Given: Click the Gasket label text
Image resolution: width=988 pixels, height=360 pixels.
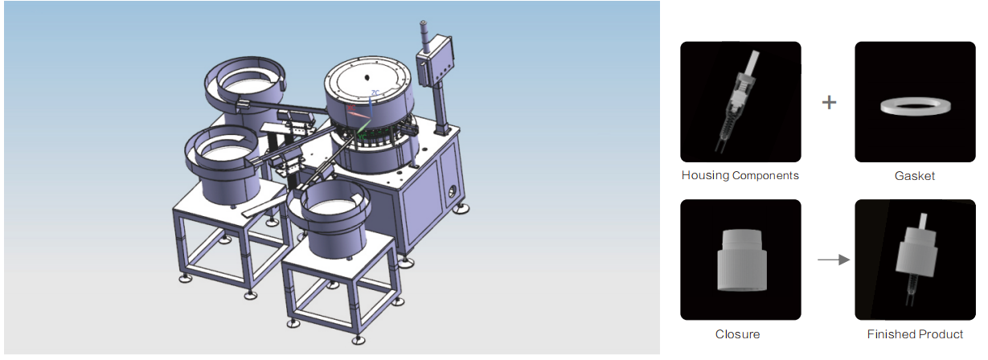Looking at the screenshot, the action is click(914, 176).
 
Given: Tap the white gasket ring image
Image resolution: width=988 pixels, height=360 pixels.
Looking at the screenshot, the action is click(915, 106).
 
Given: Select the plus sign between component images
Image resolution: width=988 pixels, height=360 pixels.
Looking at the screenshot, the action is click(829, 103).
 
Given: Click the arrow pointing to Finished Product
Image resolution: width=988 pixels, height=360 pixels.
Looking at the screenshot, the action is click(833, 260).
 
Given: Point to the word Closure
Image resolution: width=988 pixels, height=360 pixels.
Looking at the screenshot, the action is click(737, 334).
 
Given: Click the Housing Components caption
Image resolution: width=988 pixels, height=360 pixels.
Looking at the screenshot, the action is click(740, 175).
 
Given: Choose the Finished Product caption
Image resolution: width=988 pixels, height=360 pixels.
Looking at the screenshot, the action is click(915, 334).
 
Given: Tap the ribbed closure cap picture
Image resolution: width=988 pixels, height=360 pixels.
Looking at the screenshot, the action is click(741, 260).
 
